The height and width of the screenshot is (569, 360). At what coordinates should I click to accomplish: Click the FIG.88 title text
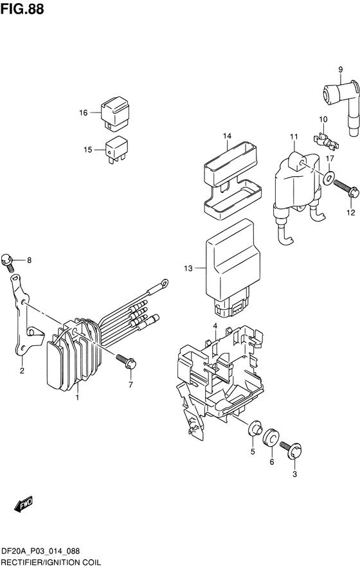coord(22,9)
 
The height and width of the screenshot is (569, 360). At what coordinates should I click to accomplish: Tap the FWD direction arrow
coord(23,504)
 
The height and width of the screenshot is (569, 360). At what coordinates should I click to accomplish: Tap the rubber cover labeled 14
coord(233,181)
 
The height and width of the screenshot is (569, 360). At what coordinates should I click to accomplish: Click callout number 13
coord(188,269)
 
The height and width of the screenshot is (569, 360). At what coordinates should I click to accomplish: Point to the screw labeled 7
coord(126,361)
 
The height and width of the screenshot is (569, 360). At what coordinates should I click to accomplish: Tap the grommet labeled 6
coord(271,437)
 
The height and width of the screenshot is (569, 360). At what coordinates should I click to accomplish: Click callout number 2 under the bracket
coord(22,371)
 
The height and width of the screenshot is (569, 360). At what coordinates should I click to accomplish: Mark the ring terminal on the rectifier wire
coord(165,282)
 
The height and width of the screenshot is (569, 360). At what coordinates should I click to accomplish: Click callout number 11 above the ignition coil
coord(294,136)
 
